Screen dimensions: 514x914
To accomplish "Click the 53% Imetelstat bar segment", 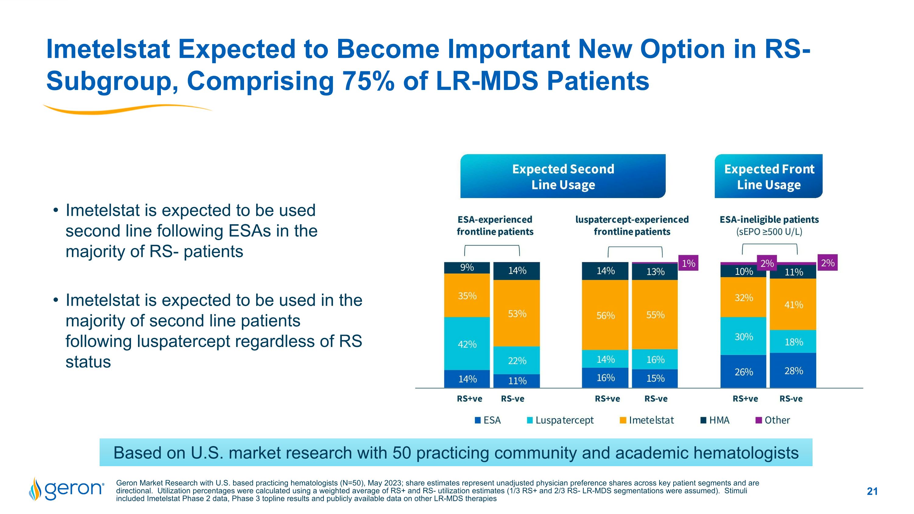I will [x=517, y=313].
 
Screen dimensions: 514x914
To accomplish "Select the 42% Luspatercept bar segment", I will [x=467, y=344].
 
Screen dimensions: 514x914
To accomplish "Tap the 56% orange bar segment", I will [x=605, y=315].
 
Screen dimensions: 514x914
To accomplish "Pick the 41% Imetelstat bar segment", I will [x=793, y=304].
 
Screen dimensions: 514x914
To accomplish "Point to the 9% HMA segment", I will [x=467, y=268].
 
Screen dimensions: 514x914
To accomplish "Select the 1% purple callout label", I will [x=688, y=263].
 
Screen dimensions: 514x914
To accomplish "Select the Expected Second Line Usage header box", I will [x=563, y=176].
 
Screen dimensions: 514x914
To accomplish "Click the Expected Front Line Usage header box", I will [x=769, y=176].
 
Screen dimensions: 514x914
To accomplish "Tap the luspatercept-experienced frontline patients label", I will [x=632, y=225].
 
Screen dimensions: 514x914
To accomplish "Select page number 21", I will [x=872, y=491].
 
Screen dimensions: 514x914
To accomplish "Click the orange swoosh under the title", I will [x=128, y=109].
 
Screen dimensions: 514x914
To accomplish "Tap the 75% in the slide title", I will [x=368, y=81].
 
